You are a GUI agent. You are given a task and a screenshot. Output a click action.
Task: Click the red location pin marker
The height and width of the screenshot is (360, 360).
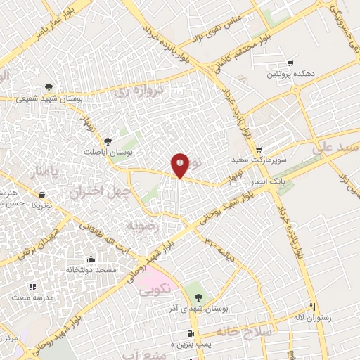pos(181,165)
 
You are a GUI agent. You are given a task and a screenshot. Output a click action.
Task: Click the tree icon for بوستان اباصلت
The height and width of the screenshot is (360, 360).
pos(108,141)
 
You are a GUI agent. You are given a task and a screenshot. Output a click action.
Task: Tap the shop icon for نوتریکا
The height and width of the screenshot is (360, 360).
pos(44,195)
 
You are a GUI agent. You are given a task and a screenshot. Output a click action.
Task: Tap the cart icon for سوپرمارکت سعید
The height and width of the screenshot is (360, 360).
pos(259,149)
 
